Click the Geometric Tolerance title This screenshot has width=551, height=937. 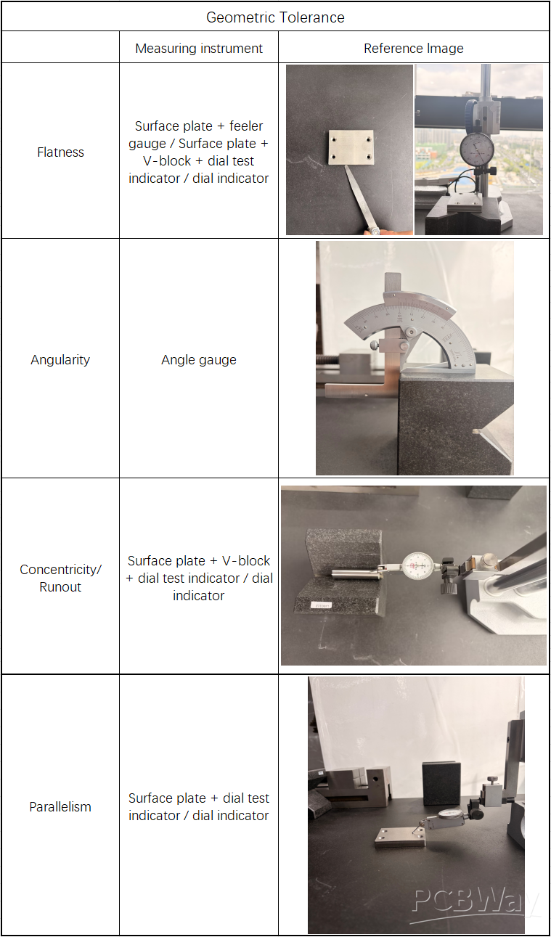point(275,17)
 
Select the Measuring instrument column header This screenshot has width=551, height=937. point(199,49)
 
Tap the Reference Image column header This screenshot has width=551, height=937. point(413,49)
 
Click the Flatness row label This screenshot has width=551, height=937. point(60,152)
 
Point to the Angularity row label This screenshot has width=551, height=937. point(60,360)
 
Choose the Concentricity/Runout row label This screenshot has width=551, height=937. point(60,578)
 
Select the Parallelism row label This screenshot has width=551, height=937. point(60,806)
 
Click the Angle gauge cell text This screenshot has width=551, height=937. point(199,360)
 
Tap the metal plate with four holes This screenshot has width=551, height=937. point(351,147)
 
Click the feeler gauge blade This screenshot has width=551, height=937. point(362,196)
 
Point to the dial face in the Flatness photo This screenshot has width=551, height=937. point(478,149)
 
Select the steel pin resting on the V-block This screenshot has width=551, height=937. point(356,573)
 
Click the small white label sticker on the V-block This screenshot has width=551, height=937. point(322,605)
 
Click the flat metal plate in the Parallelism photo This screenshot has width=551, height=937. point(400,838)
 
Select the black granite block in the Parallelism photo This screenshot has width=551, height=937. point(441,783)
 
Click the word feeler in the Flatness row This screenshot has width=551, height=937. point(246,126)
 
